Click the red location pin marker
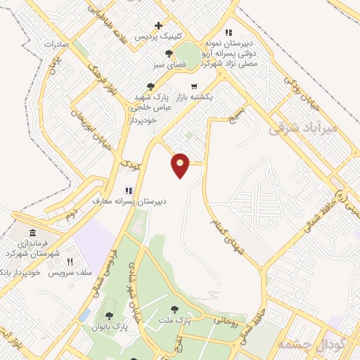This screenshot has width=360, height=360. point(181,165)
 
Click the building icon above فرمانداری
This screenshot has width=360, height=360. point(32,233)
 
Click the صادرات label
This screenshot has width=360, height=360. point(59,44)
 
